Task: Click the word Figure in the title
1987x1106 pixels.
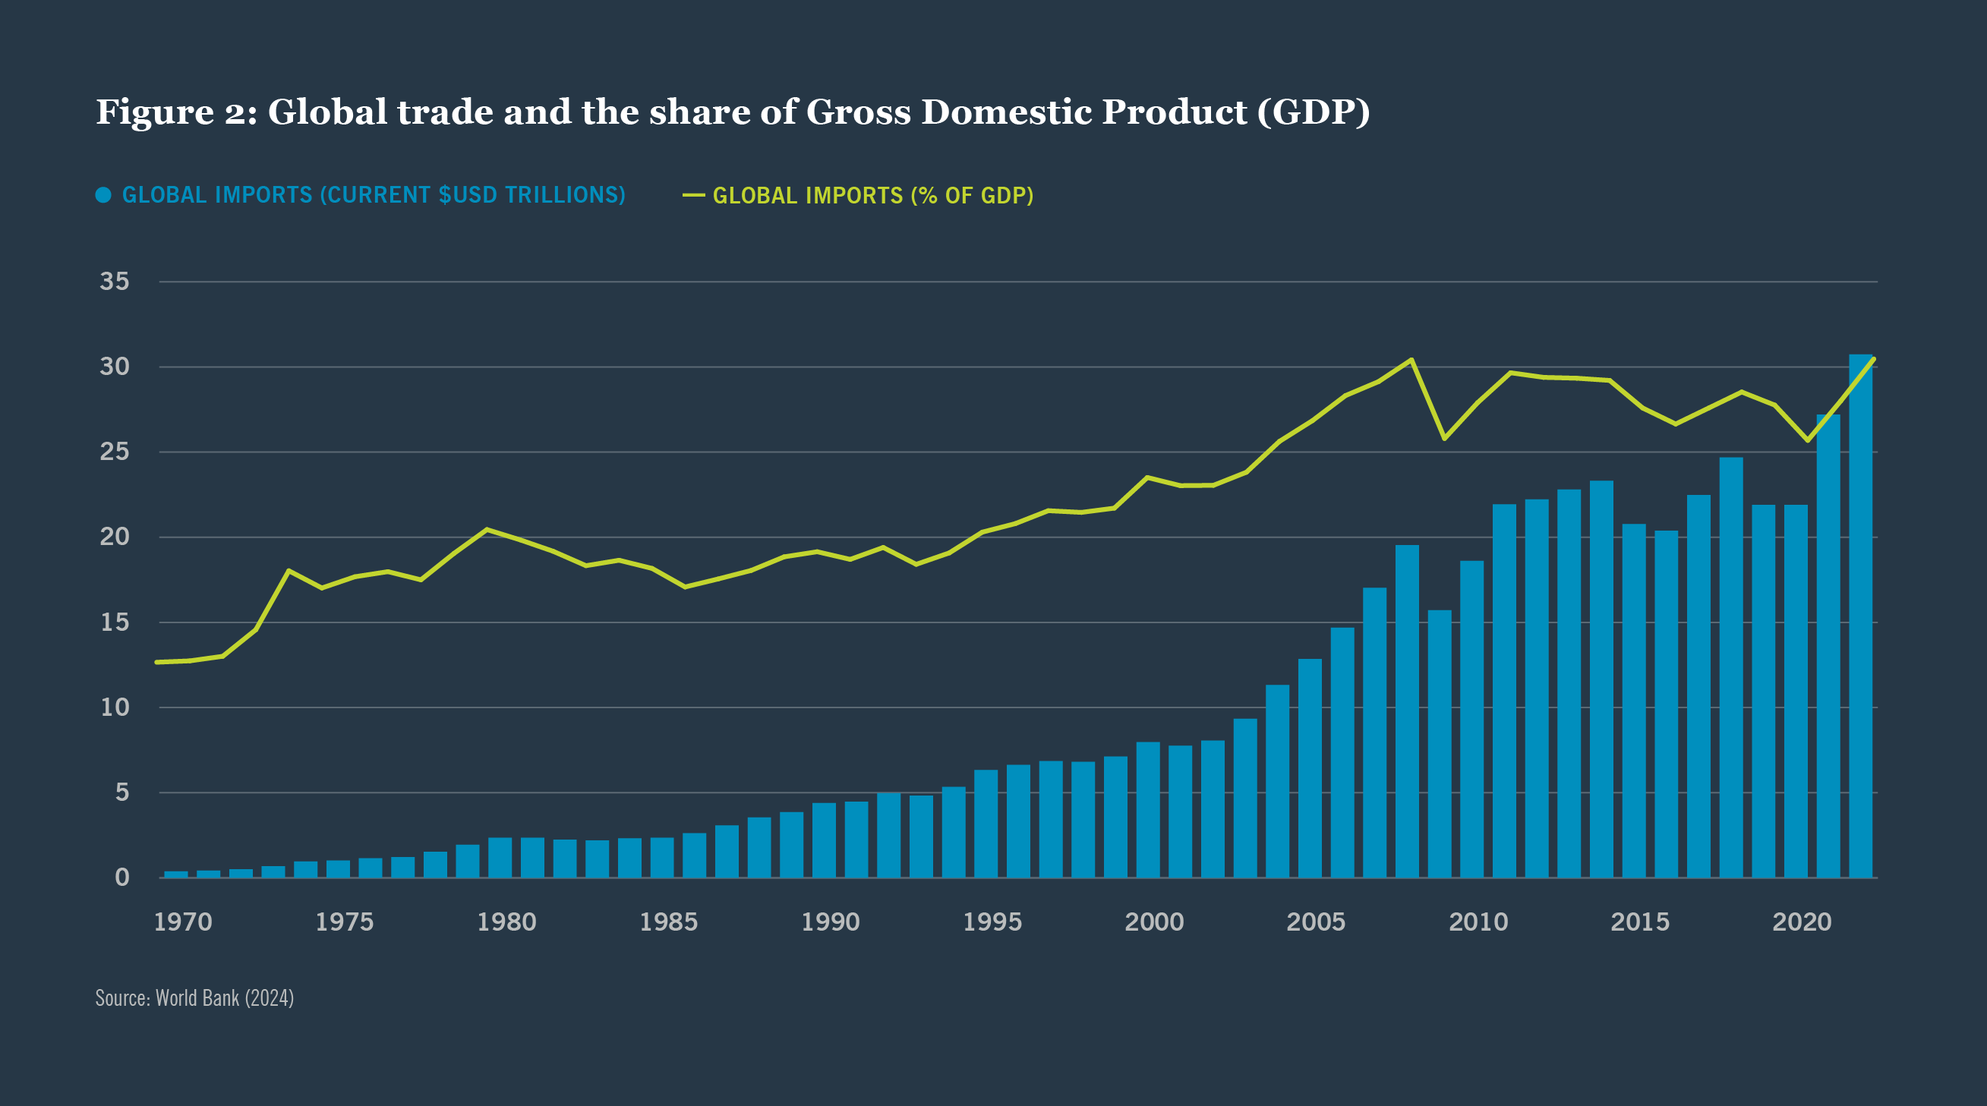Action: click(154, 112)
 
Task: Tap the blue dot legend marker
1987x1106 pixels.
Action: click(103, 195)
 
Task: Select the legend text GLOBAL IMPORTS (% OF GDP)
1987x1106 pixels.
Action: click(872, 196)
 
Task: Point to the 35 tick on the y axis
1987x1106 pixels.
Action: click(114, 282)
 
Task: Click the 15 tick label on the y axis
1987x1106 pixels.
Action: click(114, 622)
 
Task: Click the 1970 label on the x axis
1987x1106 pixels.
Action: click(183, 922)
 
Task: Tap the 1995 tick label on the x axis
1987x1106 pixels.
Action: click(992, 922)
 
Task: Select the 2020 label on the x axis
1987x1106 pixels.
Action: click(1801, 922)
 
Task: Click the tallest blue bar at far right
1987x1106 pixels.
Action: click(1860, 617)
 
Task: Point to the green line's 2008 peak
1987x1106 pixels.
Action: click(1411, 359)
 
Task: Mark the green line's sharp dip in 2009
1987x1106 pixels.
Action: click(1444, 438)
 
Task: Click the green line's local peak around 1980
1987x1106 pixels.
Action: click(486, 530)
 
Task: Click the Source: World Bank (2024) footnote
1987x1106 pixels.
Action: click(194, 998)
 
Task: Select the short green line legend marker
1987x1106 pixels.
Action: click(693, 196)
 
